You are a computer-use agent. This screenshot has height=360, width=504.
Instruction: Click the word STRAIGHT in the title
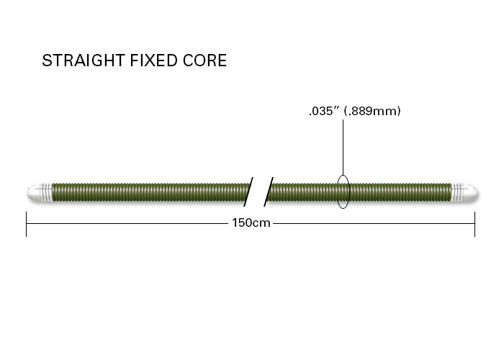84,60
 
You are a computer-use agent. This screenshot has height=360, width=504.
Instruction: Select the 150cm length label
251,222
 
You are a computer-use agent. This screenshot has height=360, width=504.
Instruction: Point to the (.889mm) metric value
372,111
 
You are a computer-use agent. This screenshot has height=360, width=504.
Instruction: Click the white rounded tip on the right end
469,192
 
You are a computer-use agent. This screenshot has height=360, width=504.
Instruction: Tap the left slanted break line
248,192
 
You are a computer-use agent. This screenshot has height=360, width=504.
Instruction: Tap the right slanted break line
269,192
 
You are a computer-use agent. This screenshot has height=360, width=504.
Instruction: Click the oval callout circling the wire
337,192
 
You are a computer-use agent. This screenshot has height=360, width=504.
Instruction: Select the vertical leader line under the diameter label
343,148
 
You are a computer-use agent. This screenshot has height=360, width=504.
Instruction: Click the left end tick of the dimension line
26,224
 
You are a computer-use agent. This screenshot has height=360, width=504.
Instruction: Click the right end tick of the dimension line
474,224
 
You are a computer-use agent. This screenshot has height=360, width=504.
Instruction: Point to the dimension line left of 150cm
127,223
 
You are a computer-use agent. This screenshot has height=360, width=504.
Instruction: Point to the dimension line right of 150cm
374,223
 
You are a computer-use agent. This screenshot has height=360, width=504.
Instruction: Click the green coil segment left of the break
150,192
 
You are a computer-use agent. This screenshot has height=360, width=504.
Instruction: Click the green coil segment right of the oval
400,192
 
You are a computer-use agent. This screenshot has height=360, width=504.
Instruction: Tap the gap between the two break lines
258,192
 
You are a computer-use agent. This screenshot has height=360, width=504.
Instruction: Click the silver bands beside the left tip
47,192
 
